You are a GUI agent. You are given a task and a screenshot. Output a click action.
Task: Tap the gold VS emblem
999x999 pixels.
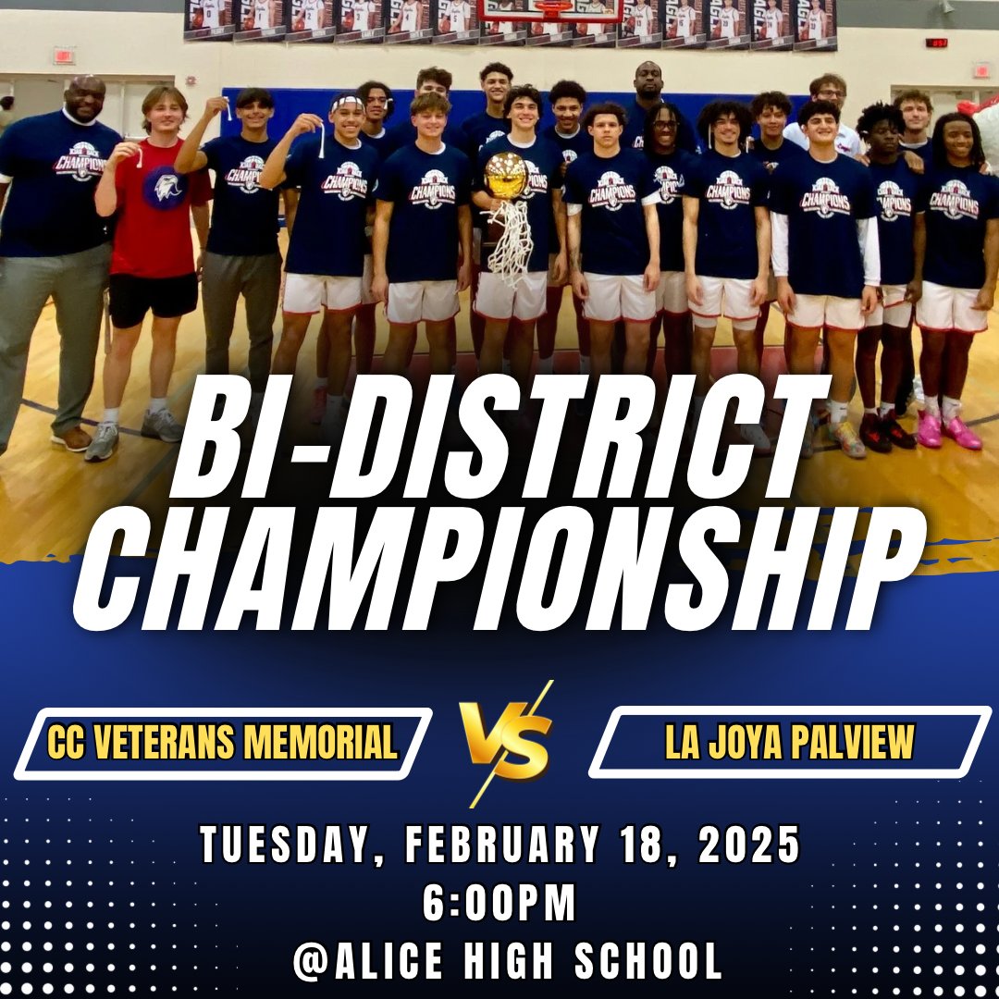507,740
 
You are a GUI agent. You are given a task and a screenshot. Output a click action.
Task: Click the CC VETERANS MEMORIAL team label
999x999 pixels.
222,743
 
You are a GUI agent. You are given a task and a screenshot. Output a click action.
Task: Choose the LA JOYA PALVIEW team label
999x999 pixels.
789,742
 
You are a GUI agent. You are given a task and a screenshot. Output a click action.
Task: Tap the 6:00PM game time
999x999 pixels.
499,905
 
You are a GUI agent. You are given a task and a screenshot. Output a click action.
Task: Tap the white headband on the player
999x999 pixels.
347,103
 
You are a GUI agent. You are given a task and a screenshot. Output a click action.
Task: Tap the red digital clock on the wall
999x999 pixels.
936,42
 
